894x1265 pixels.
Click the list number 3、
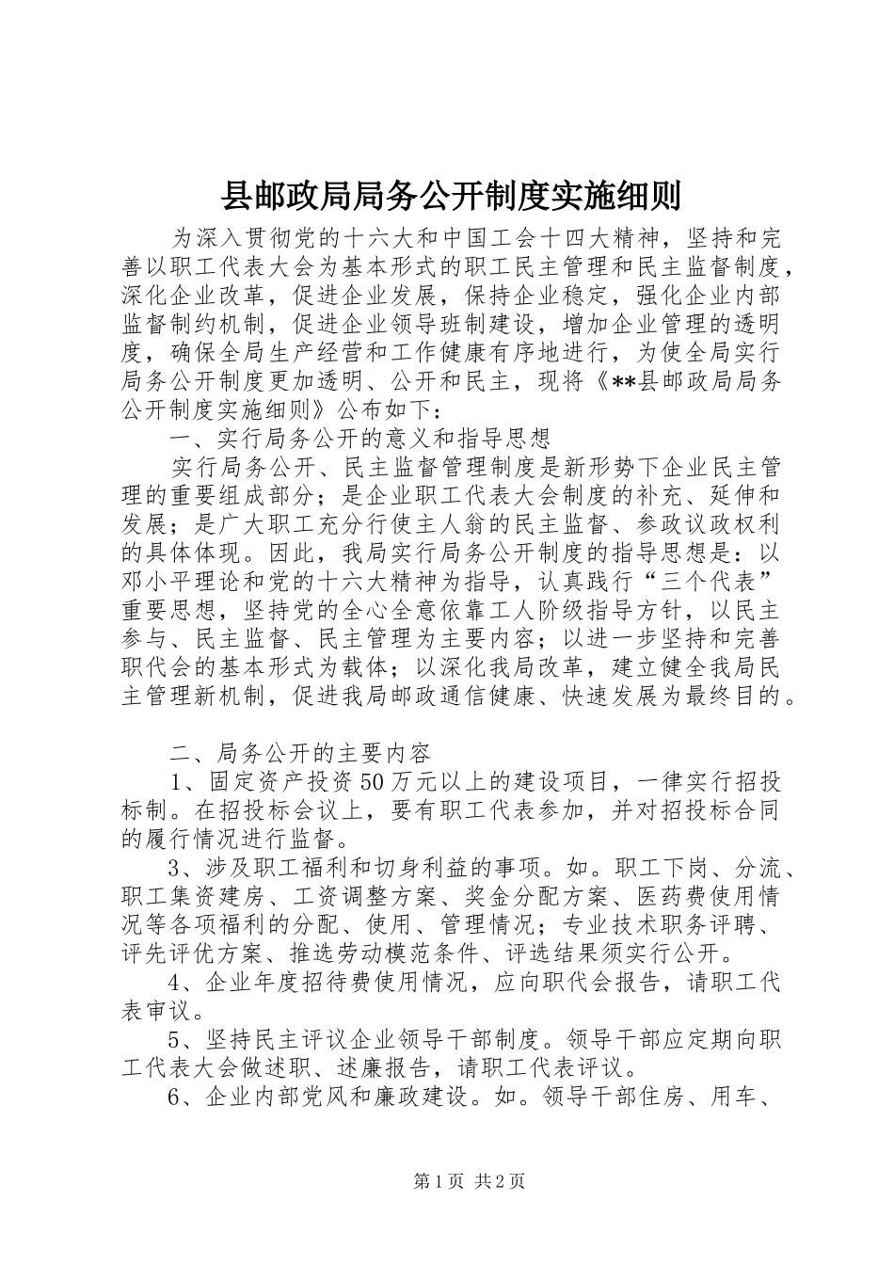click(181, 866)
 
